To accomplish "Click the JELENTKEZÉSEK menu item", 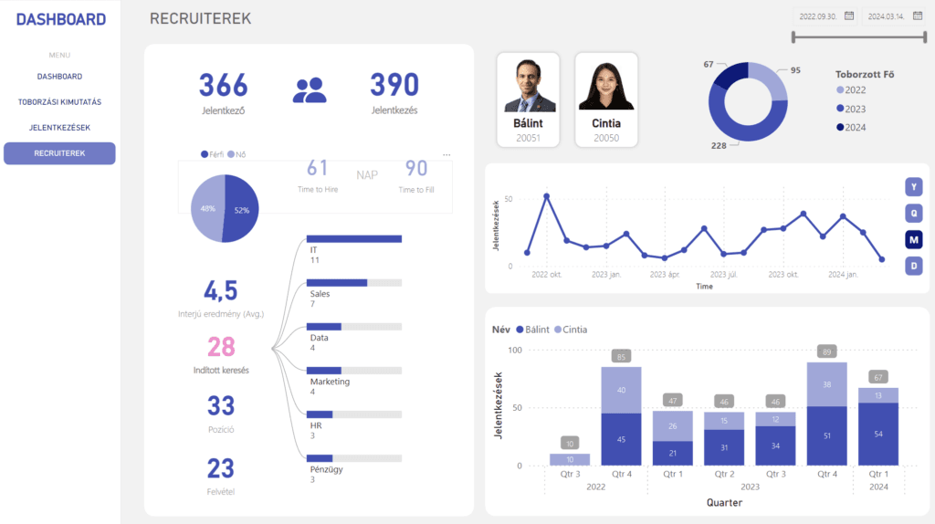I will tap(59, 127).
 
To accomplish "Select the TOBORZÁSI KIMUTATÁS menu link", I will tap(59, 101).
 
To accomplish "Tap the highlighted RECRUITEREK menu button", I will tap(59, 153).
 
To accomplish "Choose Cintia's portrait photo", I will tap(606, 86).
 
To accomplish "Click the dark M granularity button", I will tap(913, 239).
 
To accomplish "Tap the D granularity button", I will tap(913, 266).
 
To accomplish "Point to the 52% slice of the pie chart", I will tap(239, 208).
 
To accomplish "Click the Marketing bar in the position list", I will tap(354, 370).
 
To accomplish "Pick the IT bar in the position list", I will tap(354, 239).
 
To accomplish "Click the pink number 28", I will tap(221, 347).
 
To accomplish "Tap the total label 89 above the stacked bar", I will tap(827, 351).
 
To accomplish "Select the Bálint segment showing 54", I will tap(877, 434).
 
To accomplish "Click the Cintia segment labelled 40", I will tap(621, 390).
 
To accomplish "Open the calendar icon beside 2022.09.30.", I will tap(849, 16).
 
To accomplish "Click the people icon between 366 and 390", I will tap(310, 89).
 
